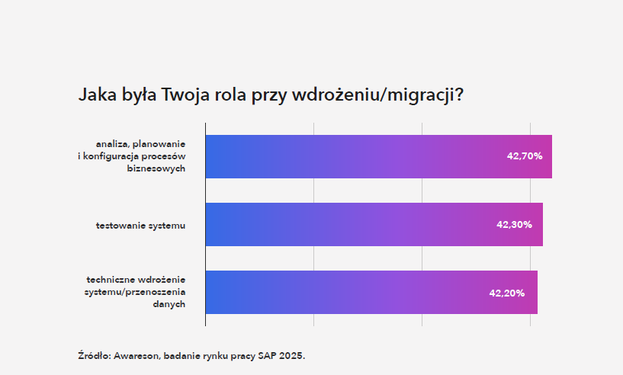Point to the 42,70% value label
click(525, 156)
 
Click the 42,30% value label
click(514, 225)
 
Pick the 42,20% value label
click(506, 293)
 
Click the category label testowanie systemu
click(140, 225)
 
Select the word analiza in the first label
click(111, 143)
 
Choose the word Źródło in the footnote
click(94, 355)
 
